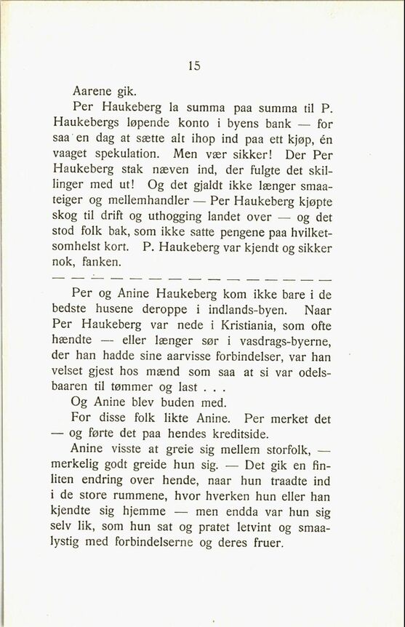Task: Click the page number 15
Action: (193, 65)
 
